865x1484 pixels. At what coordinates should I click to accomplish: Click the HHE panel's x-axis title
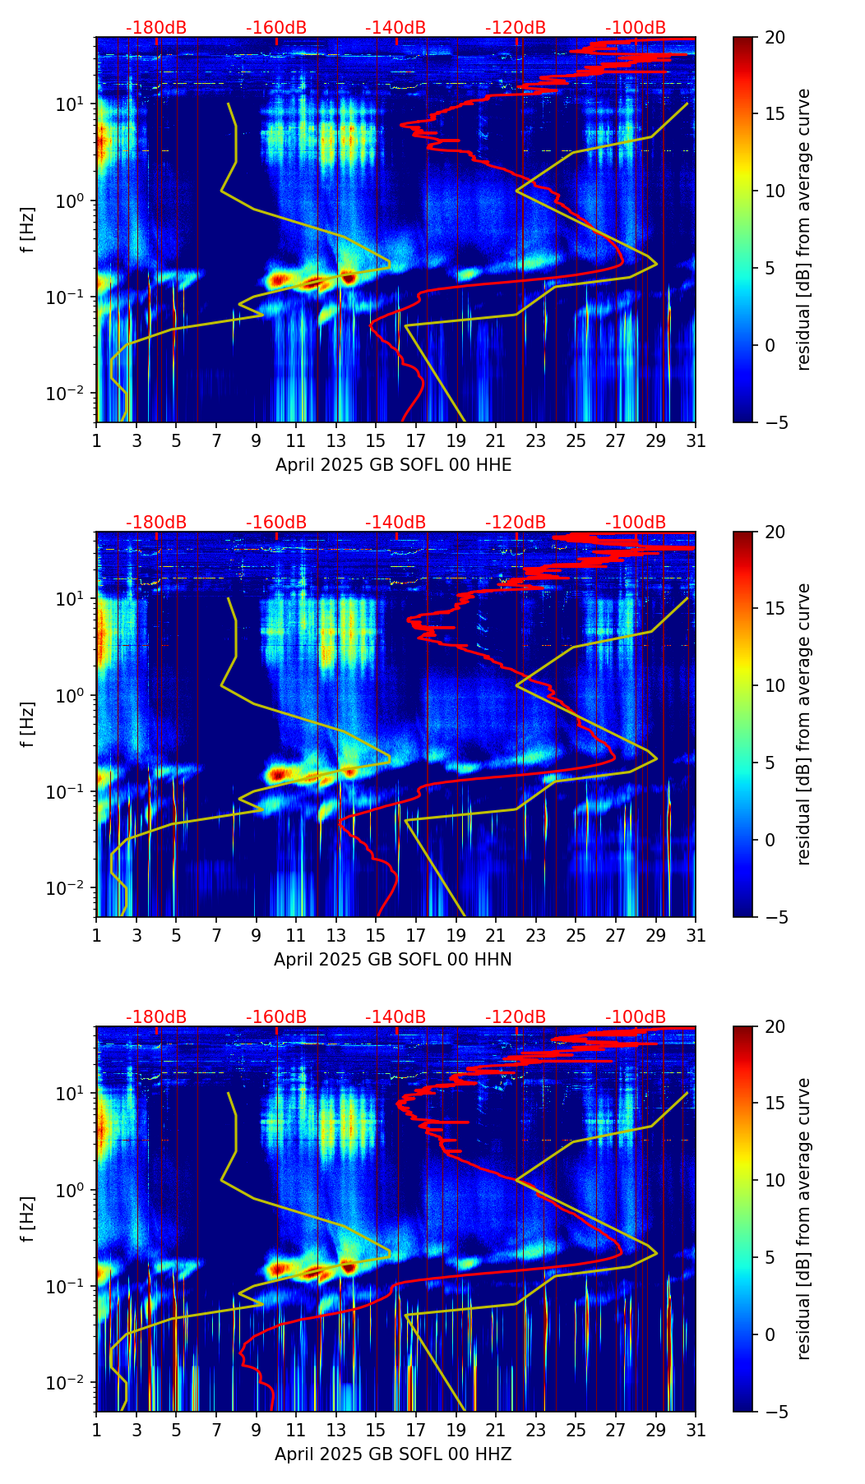393,465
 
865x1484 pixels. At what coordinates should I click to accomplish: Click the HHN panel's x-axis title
393,960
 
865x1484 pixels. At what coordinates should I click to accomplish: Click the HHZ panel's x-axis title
393,1454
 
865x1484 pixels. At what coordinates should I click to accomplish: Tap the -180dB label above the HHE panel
156,28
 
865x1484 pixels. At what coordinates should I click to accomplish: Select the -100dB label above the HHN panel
636,523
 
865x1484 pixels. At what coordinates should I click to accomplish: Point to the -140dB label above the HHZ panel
395,1017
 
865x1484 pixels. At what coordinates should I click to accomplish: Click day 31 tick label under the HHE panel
696,440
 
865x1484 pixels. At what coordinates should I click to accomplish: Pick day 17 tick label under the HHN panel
416,935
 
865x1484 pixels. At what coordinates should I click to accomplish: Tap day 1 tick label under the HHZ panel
97,1430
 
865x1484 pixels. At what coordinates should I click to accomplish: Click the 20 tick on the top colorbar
775,38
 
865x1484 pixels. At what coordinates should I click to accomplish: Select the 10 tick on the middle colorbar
775,686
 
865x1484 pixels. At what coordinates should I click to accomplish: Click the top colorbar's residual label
804,229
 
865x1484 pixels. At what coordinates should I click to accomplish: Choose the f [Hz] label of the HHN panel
28,724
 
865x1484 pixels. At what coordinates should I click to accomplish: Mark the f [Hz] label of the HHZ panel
28,1219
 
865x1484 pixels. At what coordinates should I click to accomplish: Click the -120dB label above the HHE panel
516,28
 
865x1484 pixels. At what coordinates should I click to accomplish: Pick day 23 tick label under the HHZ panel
536,1430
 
